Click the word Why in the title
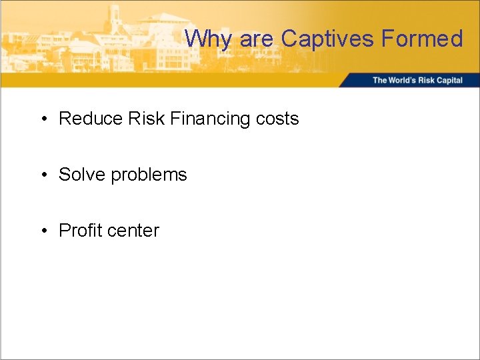pos(209,39)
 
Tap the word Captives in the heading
pos(327,39)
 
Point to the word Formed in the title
pos(423,39)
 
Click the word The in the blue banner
pos(379,81)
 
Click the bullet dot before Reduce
pos(43,119)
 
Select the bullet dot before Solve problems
pos(43,175)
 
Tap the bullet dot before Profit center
pos(43,231)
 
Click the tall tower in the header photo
pos(114,17)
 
